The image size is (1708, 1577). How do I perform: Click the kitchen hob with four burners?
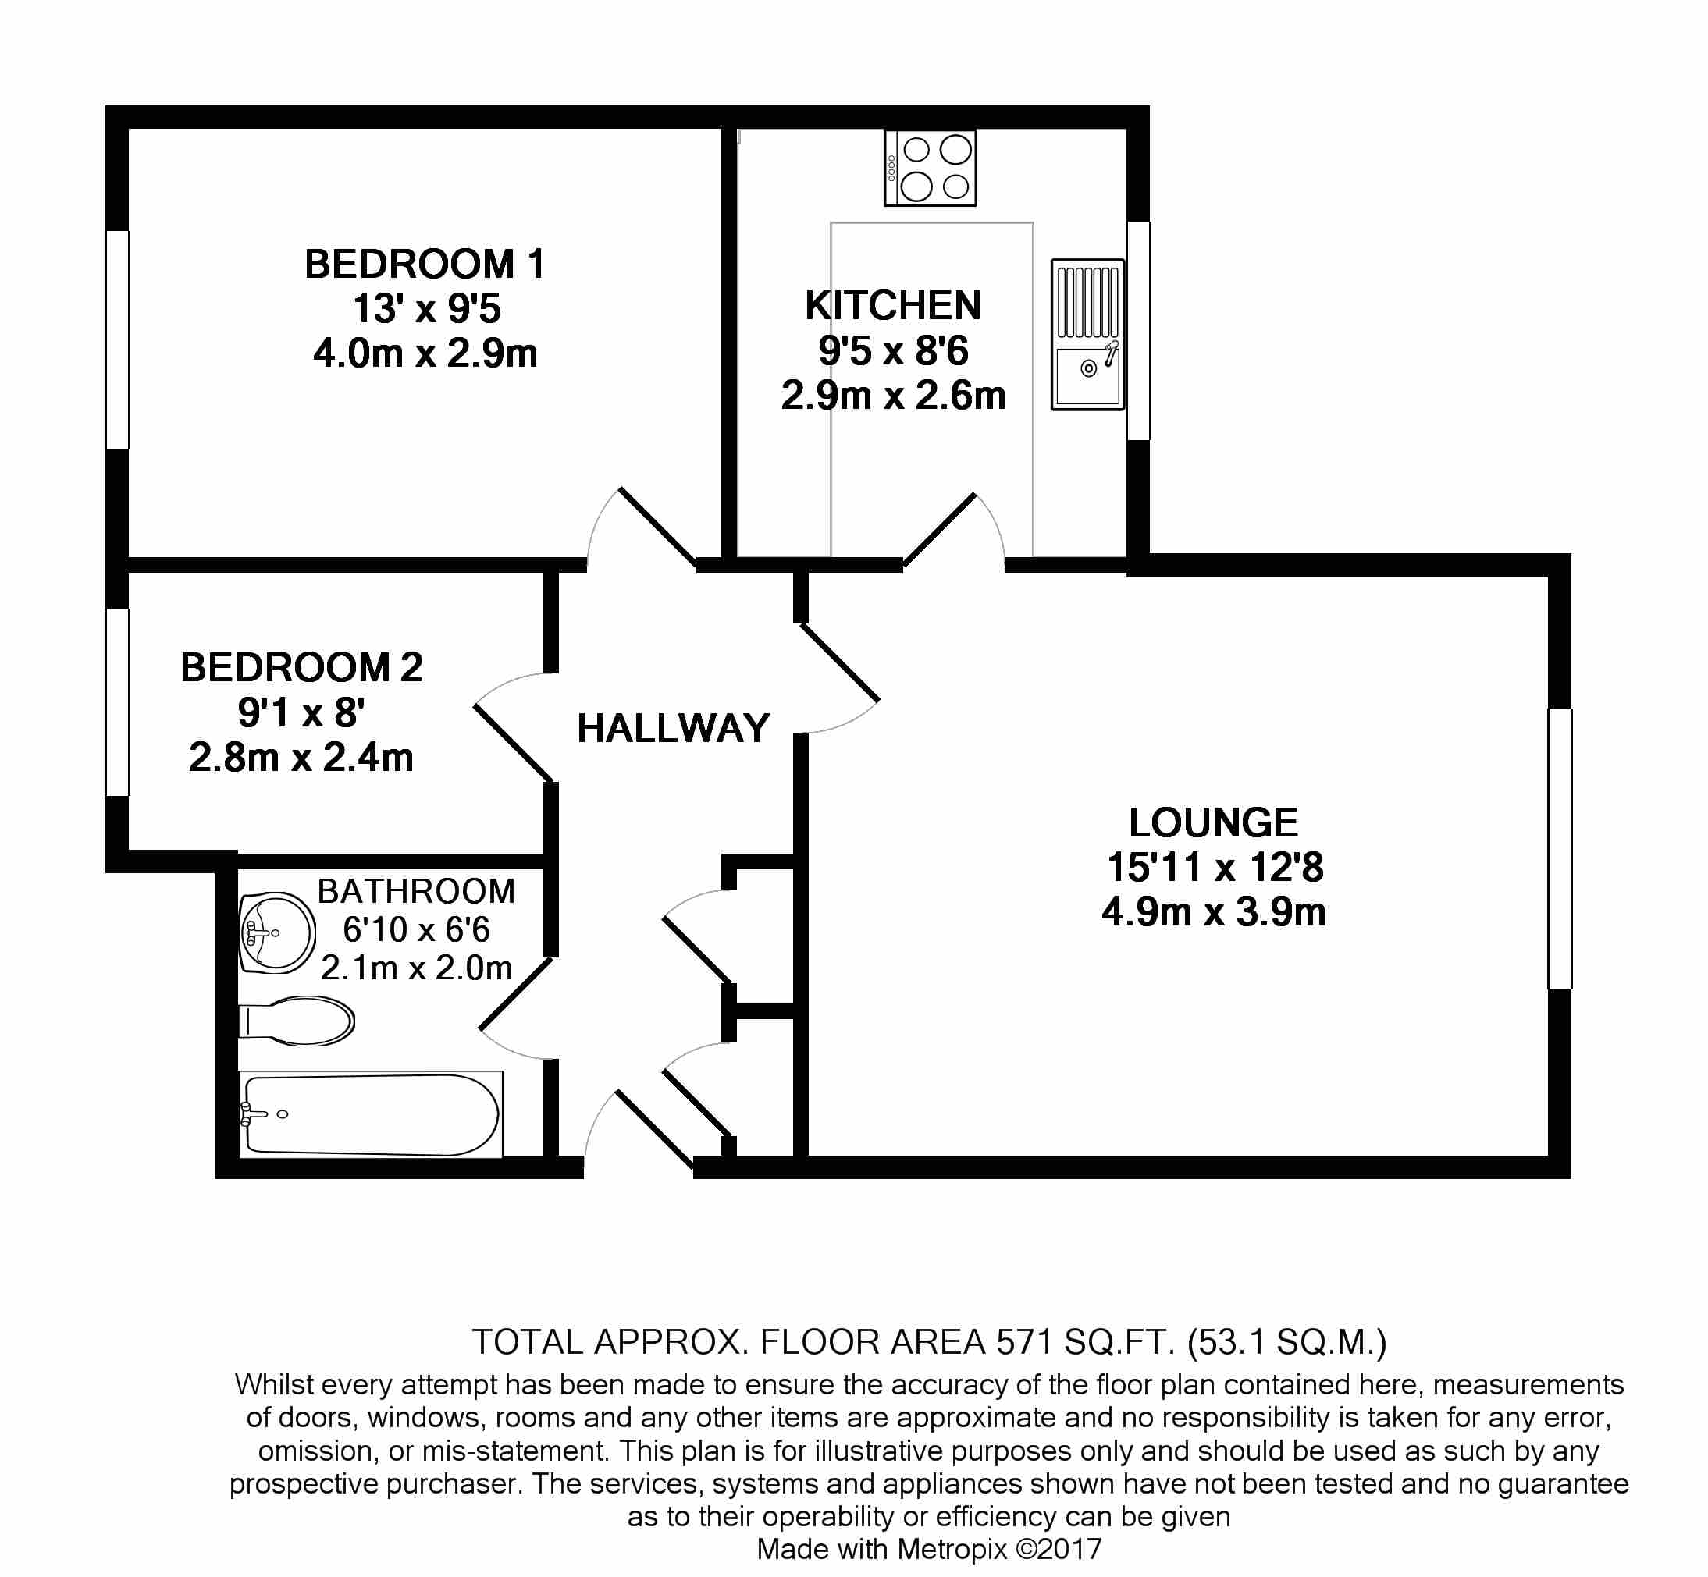point(930,168)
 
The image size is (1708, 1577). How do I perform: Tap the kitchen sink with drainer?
point(1087,335)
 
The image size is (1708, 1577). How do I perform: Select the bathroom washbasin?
point(276,932)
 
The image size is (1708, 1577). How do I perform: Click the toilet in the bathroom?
point(299,1021)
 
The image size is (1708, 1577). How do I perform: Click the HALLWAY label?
point(674,728)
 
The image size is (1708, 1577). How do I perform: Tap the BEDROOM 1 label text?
point(424,264)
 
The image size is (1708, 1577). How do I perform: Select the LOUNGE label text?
point(1213,822)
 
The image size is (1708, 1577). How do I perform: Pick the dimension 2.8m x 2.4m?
point(301,758)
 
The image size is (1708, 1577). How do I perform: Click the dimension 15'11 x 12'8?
point(1214,867)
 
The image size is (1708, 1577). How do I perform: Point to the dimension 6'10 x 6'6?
point(416,929)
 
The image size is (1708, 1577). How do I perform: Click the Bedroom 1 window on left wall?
point(118,339)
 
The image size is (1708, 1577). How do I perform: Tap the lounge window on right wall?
point(1560,848)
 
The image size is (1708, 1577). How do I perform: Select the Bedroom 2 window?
point(118,701)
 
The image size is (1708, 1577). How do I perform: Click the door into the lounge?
point(840,663)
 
